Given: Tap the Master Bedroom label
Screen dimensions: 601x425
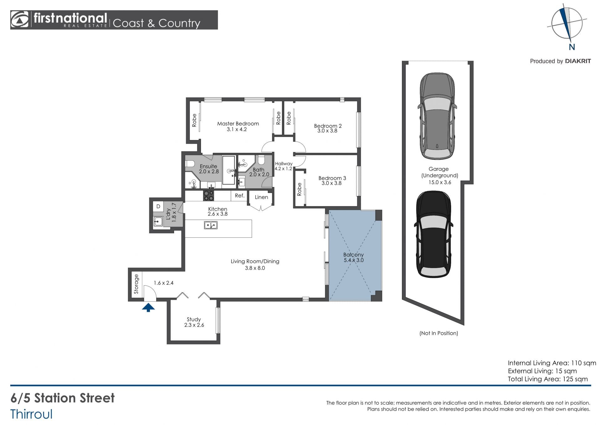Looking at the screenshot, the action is click(238, 124).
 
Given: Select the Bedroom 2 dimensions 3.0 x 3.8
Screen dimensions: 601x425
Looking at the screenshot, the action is click(327, 131).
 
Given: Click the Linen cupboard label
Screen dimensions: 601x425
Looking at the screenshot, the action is click(261, 197).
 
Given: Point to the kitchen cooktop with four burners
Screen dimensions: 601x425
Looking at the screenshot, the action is click(208, 196).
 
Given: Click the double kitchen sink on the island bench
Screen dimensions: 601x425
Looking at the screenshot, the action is click(211, 225).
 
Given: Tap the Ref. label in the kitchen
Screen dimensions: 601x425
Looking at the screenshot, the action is click(239, 196).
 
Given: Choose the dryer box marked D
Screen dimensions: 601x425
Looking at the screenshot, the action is click(158, 206).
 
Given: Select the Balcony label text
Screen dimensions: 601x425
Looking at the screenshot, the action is click(353, 255).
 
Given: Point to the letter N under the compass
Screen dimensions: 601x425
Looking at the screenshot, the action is click(572, 47).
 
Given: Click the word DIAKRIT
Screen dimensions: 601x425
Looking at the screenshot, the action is click(578, 61).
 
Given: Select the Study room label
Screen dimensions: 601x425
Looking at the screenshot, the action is click(194, 319).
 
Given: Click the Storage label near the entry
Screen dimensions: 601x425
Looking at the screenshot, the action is click(136, 284).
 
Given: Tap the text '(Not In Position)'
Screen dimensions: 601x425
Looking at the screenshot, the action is click(439, 333).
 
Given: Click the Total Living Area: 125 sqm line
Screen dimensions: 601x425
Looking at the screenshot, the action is click(548, 379).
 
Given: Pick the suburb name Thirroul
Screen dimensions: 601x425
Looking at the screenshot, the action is click(32, 414).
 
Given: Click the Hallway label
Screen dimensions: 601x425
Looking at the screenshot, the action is click(284, 164).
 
